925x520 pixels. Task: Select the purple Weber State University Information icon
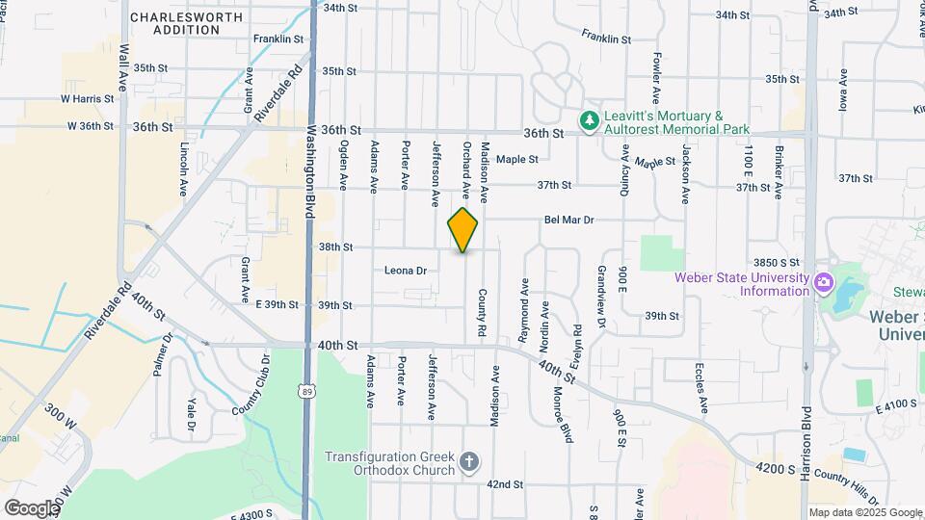pos(823,283)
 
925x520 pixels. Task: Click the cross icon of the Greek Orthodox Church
pos(469,463)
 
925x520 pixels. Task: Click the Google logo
pos(32,507)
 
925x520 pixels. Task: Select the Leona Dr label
pos(405,271)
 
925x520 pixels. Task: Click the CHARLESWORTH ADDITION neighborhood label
pos(174,23)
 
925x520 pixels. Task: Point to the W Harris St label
pos(80,98)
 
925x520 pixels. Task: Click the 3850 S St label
pos(778,262)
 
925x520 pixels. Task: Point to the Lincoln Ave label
pos(184,170)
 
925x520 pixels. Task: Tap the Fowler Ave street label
pos(655,78)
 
